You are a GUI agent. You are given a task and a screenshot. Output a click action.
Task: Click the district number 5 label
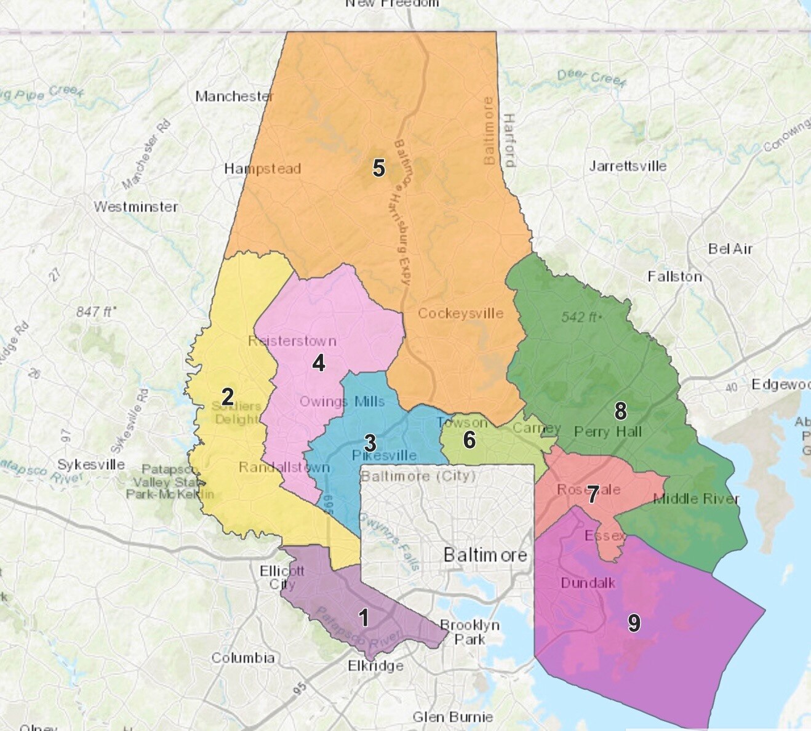click(378, 167)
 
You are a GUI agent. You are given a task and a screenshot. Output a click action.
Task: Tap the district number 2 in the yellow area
click(227, 397)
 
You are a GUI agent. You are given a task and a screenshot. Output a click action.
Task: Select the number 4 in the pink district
click(318, 363)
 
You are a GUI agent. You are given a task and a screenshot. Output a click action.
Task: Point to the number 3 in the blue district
click(370, 442)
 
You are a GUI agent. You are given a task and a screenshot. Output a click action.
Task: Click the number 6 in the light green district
click(469, 439)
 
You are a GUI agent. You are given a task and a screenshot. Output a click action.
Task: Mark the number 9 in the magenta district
click(634, 623)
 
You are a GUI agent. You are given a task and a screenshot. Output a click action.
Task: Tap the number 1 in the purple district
click(364, 618)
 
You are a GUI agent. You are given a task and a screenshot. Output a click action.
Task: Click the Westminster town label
click(135, 207)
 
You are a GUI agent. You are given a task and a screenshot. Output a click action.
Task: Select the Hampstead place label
click(262, 169)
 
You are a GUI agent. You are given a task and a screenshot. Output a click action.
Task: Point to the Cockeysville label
click(460, 313)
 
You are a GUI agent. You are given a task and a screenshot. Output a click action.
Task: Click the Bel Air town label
click(730, 249)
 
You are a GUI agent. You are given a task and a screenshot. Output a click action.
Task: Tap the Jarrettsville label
click(628, 166)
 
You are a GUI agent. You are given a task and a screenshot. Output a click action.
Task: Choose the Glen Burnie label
click(452, 717)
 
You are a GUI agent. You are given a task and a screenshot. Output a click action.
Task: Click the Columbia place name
click(243, 658)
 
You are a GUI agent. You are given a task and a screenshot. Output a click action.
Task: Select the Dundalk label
click(588, 582)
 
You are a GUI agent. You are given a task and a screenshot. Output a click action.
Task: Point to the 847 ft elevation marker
click(94, 312)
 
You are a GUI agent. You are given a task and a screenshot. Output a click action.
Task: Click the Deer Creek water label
click(591, 78)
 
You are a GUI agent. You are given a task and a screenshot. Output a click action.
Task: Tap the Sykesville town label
click(91, 465)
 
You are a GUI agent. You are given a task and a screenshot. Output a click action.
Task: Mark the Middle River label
click(696, 498)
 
